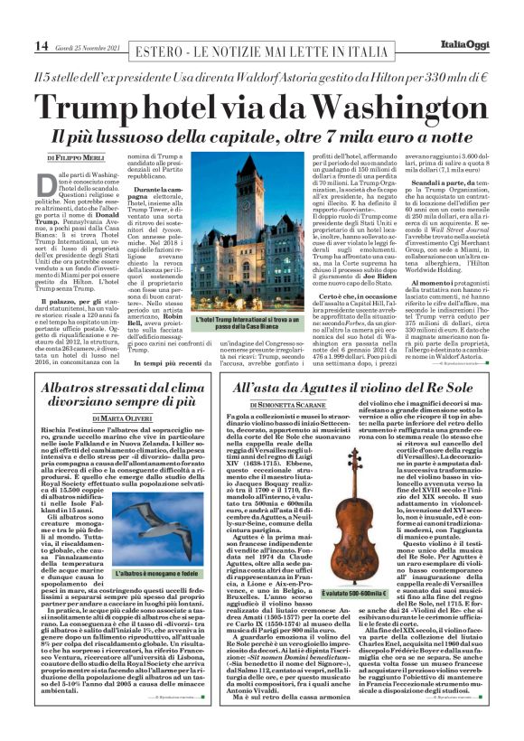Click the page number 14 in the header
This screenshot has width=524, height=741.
click(x=15, y=45)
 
